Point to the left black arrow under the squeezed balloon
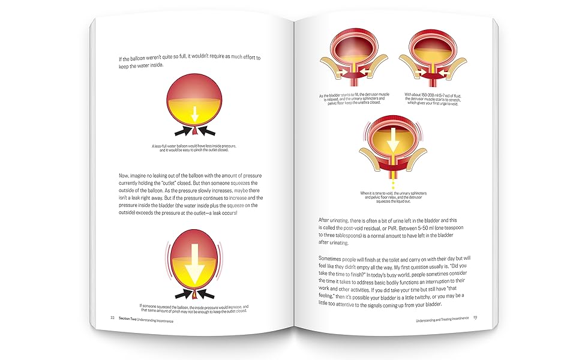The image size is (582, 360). [179, 293]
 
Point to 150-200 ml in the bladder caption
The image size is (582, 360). [436, 95]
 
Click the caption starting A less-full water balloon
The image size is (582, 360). [193, 148]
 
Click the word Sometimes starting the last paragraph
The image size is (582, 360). [333, 259]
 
